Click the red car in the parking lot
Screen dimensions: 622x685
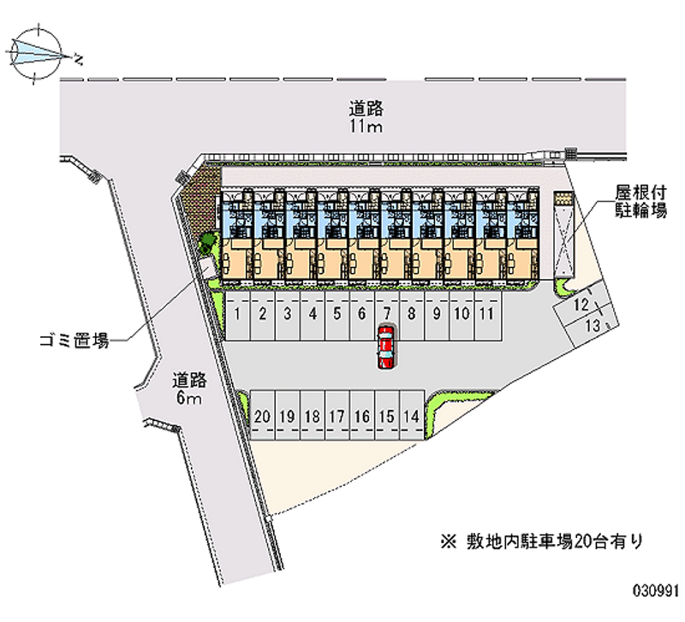[x=387, y=347]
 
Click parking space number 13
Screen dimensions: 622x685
[x=592, y=325]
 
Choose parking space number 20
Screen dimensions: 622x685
[x=263, y=417]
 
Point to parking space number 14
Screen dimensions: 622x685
[x=412, y=417]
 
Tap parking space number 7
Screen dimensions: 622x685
[x=387, y=315]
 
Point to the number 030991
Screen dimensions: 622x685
[x=656, y=589]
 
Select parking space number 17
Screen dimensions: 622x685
[x=337, y=417]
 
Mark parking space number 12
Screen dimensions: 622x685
[x=581, y=305]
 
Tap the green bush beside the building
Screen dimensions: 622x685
[x=206, y=243]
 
